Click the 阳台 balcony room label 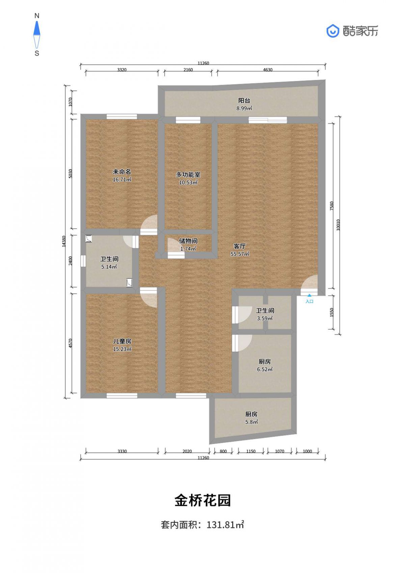pyautogui.click(x=244, y=101)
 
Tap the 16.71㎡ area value pyautogui.click(x=122, y=180)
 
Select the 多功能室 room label pyautogui.click(x=188, y=175)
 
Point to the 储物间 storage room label pyautogui.click(x=188, y=241)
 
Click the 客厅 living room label pyautogui.click(x=240, y=246)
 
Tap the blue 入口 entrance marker pyautogui.click(x=309, y=299)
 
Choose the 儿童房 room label pyautogui.click(x=122, y=341)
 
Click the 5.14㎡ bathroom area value pyautogui.click(x=109, y=267)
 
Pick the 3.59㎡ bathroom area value pyautogui.click(x=265, y=318)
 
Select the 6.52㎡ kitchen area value pyautogui.click(x=265, y=369)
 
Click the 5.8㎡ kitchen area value pyautogui.click(x=251, y=422)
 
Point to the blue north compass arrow pyautogui.click(x=37, y=28)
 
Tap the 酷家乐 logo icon pyautogui.click(x=333, y=31)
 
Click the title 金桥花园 pyautogui.click(x=202, y=500)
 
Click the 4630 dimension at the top pyautogui.click(x=268, y=70)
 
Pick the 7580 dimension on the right pyautogui.click(x=332, y=206)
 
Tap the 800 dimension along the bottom pyautogui.click(x=223, y=451)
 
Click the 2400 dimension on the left pyautogui.click(x=71, y=261)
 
